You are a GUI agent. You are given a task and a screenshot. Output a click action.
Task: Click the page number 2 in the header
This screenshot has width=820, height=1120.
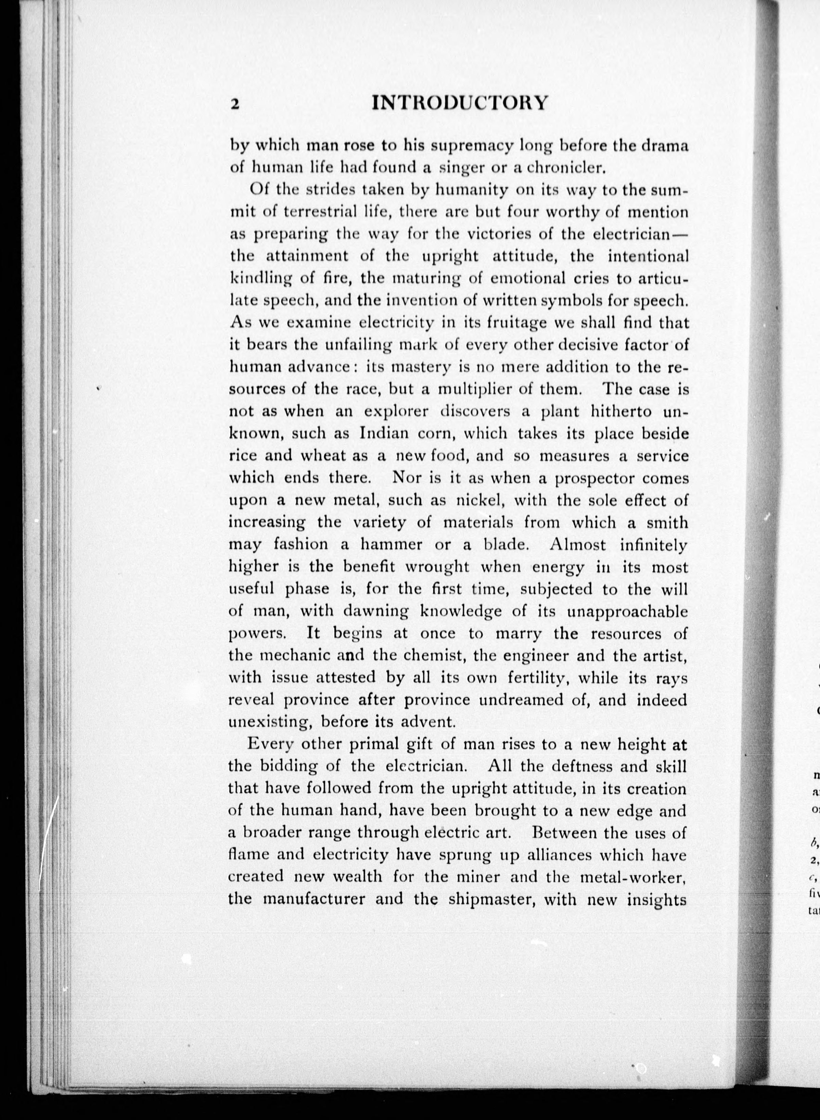(x=235, y=104)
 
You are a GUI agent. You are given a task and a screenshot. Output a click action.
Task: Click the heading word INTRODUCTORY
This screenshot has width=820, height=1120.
(x=460, y=102)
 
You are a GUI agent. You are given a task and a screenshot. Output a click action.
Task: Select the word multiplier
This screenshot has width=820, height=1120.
(x=475, y=389)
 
